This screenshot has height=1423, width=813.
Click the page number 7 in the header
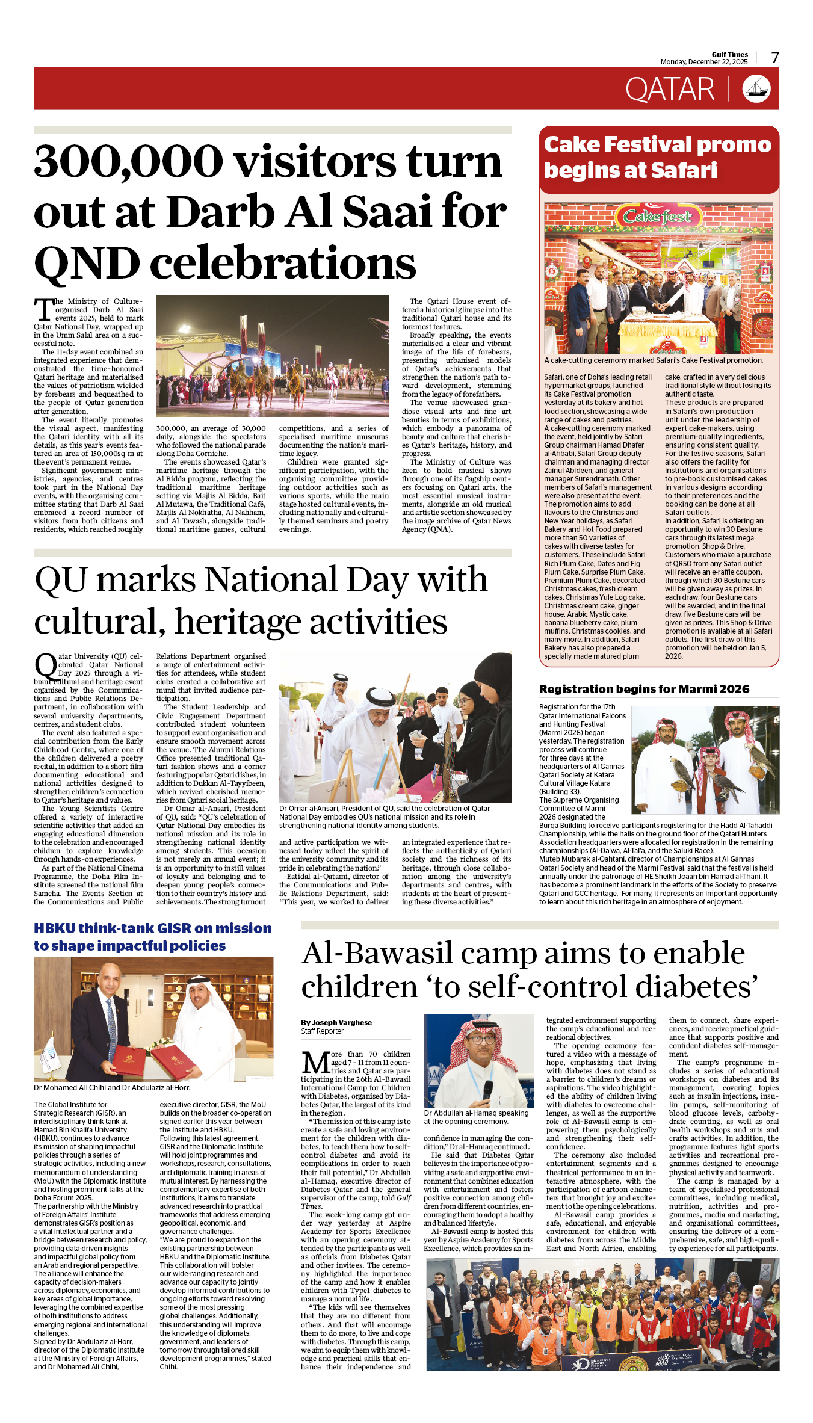click(774, 58)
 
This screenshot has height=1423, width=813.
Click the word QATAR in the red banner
click(670, 90)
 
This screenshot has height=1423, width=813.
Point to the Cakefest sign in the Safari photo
click(657, 216)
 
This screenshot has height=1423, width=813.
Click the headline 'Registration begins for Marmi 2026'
click(644, 689)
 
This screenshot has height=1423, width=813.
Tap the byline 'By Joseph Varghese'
click(336, 1022)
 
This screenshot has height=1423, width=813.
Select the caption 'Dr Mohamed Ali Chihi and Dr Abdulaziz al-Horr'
click(112, 1087)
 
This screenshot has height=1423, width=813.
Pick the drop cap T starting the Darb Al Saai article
click(44, 309)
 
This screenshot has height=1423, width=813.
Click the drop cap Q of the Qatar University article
click(46, 667)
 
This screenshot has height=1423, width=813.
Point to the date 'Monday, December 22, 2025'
click(703, 62)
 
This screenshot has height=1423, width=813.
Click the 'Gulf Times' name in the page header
click(729, 54)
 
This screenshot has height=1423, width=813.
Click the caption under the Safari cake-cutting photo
click(654, 360)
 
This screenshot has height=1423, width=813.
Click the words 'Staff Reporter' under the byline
click(323, 1031)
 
